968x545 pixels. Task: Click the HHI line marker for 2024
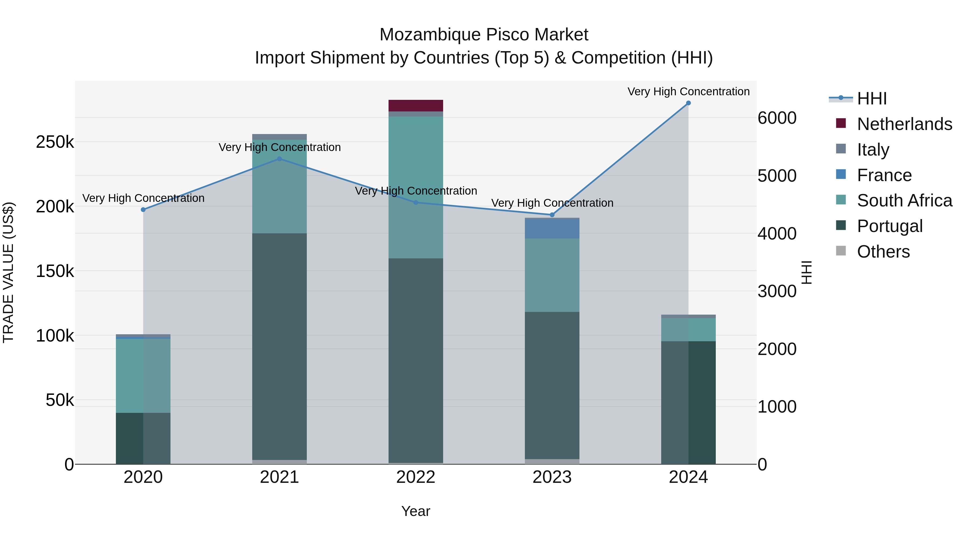[x=688, y=103]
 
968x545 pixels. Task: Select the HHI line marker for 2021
[x=279, y=159]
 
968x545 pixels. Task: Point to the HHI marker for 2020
[x=143, y=209]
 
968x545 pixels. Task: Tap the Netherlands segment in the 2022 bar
[x=416, y=106]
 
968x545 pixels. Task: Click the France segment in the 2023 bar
[x=552, y=228]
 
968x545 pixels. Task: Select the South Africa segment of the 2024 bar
[x=688, y=329]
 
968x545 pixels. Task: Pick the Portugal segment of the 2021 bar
[x=279, y=346]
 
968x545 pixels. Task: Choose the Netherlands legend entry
[x=904, y=124]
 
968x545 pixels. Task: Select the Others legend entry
[x=883, y=252]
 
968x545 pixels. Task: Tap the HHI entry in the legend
[x=871, y=99]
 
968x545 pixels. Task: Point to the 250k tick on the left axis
[x=55, y=142]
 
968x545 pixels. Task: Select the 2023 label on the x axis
[x=552, y=477]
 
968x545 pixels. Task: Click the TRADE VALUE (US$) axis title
[x=8, y=272]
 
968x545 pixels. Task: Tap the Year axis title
[x=416, y=511]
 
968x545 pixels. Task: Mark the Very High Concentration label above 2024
[x=688, y=92]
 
